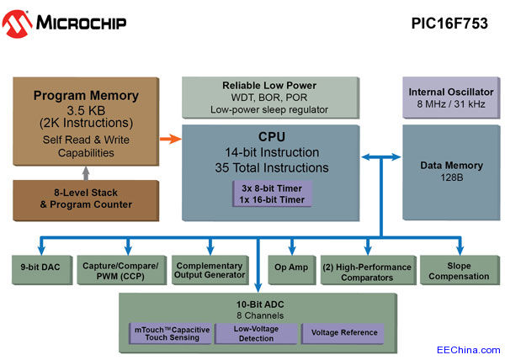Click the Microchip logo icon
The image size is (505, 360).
point(17,23)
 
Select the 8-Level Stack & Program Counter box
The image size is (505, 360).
point(87,199)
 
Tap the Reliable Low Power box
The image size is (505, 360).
point(269,98)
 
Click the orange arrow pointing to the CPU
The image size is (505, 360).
point(171,139)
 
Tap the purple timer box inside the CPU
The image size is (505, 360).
point(273,193)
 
